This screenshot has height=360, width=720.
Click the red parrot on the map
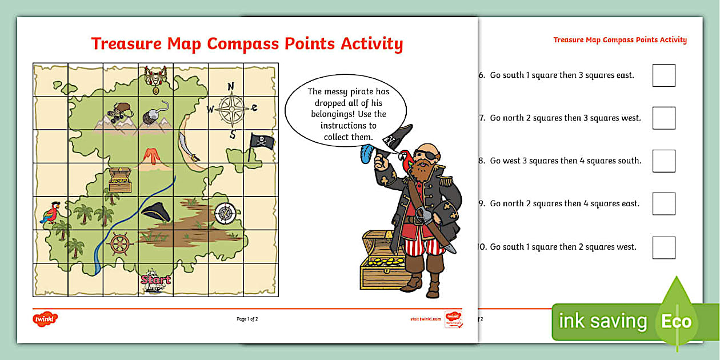(x=50, y=213)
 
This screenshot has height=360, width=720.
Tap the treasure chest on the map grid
(x=120, y=179)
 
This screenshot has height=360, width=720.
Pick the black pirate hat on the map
(x=155, y=212)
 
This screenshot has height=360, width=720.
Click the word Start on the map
(x=155, y=279)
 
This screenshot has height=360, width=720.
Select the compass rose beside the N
(x=231, y=107)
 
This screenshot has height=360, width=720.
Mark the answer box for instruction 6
(x=663, y=75)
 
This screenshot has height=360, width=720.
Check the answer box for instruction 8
(x=663, y=161)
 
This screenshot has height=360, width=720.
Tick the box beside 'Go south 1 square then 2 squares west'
(x=663, y=247)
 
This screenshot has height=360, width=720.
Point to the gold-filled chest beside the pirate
(x=379, y=263)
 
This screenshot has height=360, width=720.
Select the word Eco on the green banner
(x=676, y=321)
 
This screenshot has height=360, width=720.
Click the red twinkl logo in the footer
(x=46, y=319)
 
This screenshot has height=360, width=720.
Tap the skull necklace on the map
(x=155, y=78)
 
